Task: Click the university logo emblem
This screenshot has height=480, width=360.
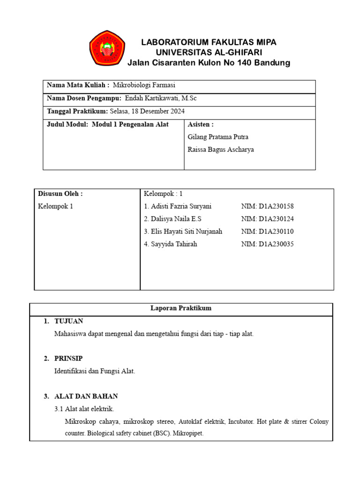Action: click(x=107, y=48)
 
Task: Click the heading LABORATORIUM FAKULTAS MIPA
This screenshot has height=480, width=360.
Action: click(x=209, y=42)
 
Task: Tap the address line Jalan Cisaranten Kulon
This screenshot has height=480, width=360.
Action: click(x=209, y=63)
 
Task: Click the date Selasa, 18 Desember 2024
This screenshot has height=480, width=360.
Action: click(x=147, y=112)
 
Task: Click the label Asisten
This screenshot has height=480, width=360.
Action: click(x=200, y=125)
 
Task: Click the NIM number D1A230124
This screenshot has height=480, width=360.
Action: click(x=267, y=219)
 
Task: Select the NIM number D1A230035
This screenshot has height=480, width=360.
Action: click(x=267, y=244)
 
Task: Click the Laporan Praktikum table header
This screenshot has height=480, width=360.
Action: click(x=181, y=308)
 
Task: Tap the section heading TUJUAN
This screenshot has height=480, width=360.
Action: click(x=69, y=322)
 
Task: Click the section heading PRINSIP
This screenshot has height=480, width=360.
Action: click(x=68, y=359)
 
